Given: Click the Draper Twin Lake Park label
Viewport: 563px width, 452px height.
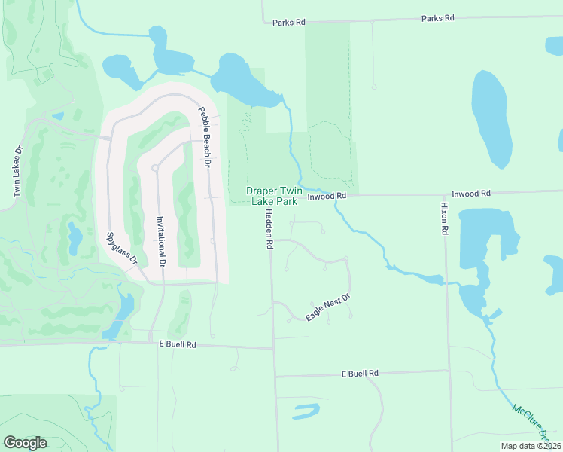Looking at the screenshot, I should (276, 197).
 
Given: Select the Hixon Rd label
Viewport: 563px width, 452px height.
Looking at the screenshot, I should (445, 218).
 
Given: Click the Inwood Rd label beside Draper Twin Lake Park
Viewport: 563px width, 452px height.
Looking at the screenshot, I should (327, 196).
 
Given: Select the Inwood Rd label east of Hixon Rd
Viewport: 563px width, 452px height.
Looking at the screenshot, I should (470, 194).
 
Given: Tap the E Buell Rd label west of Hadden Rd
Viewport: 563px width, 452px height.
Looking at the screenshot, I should (178, 344).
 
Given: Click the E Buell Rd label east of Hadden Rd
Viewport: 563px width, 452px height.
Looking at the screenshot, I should (359, 373).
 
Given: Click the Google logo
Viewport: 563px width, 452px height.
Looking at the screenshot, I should (25, 443).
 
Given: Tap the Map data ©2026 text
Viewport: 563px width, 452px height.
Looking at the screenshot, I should (531, 446).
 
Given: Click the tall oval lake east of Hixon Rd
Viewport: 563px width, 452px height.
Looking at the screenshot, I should (491, 119).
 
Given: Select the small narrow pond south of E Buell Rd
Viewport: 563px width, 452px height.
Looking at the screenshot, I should (306, 411).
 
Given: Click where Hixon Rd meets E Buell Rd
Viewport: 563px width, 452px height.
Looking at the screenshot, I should (449, 371).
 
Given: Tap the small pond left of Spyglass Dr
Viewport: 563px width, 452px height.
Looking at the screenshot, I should (75, 238).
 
